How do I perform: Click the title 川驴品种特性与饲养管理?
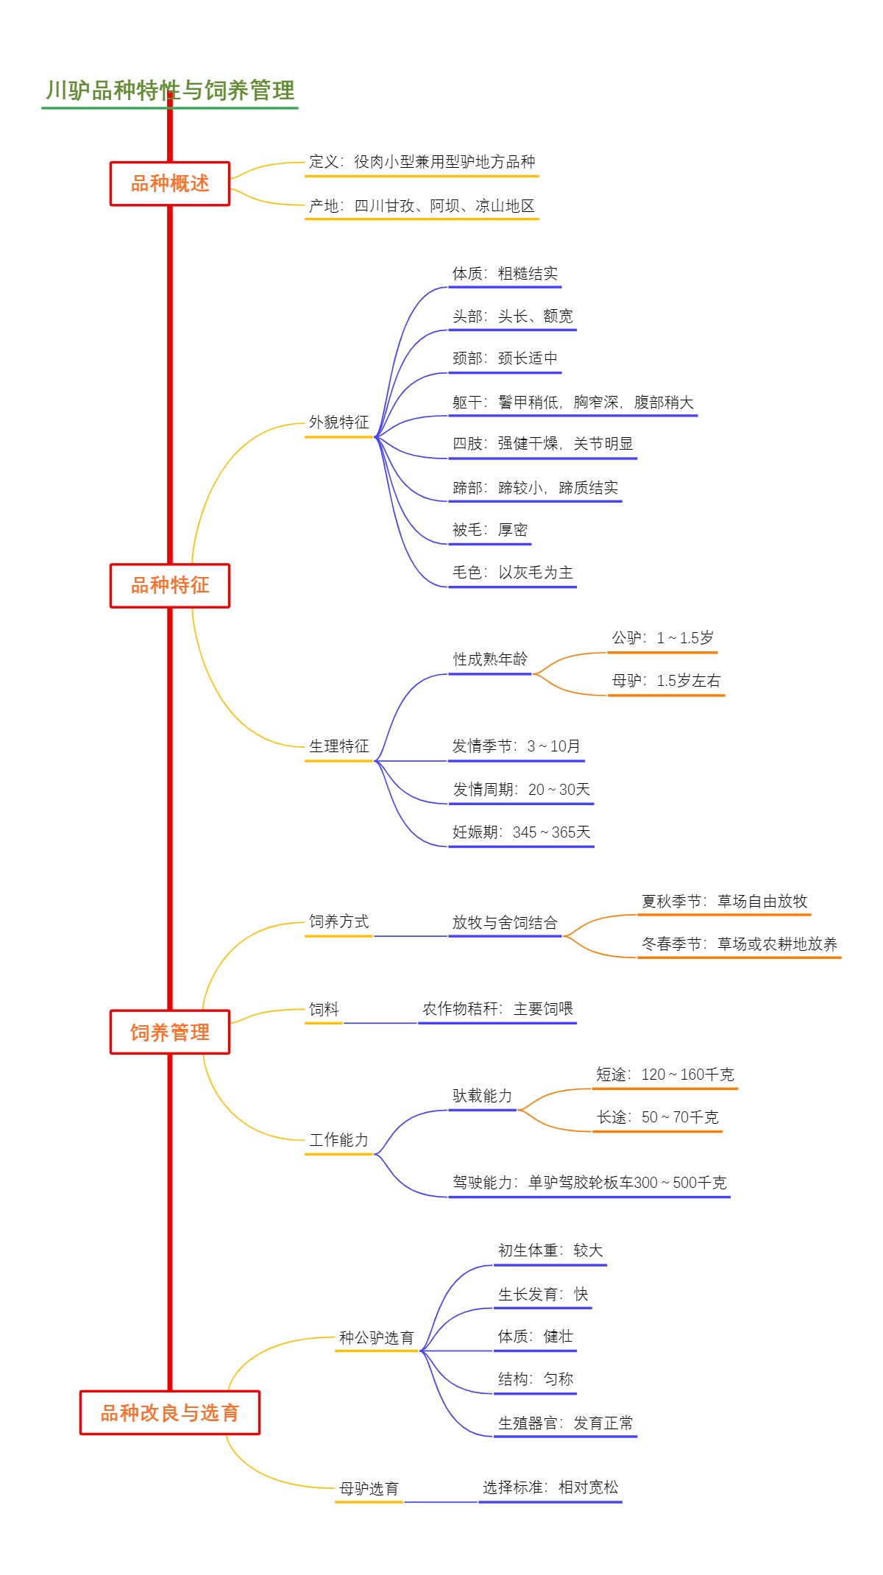170,91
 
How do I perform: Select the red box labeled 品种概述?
170,183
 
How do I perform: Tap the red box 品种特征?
170,586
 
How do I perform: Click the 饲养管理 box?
170,1033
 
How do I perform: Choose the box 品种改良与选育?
170,1413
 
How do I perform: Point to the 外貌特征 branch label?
338,422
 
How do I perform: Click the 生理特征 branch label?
338,746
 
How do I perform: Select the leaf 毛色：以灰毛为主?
512,573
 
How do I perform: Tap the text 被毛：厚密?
490,530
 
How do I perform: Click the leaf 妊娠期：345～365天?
521,832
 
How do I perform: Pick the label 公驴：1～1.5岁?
662,638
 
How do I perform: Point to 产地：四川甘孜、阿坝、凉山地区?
422,206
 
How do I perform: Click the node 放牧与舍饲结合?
505,923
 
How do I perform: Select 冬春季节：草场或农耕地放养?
739,944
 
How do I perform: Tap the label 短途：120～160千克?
664,1075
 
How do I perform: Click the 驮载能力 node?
482,1096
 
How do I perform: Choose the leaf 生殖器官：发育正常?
565,1423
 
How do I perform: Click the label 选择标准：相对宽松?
550,1487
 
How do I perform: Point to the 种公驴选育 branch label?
376,1338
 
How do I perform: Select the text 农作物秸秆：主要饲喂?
497,1009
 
